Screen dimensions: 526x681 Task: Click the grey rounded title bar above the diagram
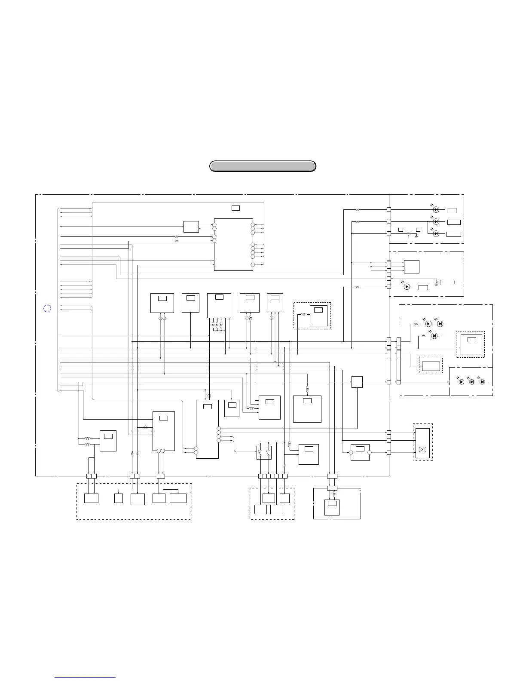point(263,166)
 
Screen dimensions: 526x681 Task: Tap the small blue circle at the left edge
point(48,308)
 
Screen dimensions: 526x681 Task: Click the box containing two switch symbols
point(264,453)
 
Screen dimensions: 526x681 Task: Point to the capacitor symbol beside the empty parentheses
point(437,283)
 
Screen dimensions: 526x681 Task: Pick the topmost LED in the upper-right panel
point(436,210)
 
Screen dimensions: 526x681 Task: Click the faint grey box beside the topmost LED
point(452,210)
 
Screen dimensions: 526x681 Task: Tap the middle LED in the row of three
point(472,382)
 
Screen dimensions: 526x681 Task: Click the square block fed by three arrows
point(411,267)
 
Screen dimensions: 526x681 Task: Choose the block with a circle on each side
point(360,452)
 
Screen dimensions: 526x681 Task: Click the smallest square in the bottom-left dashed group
point(119,498)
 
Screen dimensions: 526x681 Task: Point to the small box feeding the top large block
point(191,227)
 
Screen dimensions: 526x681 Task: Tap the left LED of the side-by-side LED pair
point(428,324)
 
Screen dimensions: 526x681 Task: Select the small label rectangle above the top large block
point(235,208)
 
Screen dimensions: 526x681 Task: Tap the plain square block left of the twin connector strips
point(357,382)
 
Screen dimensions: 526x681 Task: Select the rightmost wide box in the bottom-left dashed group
point(178,498)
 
